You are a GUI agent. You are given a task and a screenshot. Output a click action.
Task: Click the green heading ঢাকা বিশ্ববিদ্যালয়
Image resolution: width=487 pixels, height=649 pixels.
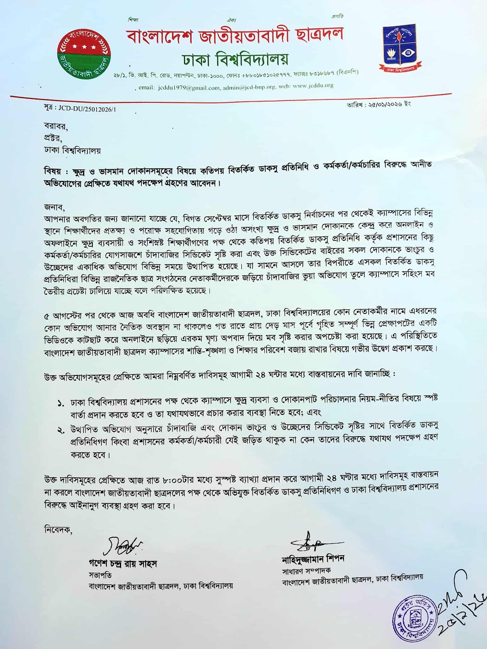(x=235, y=59)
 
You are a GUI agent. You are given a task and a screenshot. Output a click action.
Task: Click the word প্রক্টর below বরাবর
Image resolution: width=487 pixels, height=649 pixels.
(x=53, y=138)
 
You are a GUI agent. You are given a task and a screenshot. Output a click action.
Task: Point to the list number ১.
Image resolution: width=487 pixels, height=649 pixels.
(x=61, y=404)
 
